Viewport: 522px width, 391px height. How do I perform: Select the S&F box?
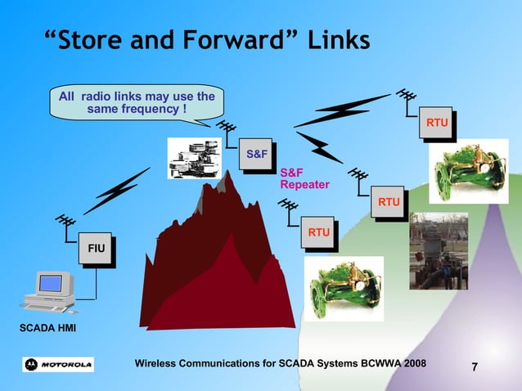(x=256, y=154)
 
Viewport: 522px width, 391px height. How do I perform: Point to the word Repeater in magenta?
(x=304, y=185)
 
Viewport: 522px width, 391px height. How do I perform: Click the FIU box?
(x=97, y=247)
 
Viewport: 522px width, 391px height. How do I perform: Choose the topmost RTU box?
(x=437, y=123)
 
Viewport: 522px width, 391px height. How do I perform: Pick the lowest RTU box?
(x=319, y=234)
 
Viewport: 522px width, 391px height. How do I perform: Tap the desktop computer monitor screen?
(x=50, y=284)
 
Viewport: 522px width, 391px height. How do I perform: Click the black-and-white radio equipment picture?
(x=194, y=157)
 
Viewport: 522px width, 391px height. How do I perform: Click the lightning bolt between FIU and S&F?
(x=120, y=193)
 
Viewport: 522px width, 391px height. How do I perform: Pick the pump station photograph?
(x=439, y=250)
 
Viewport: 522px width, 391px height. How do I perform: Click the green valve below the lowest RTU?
(x=344, y=286)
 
